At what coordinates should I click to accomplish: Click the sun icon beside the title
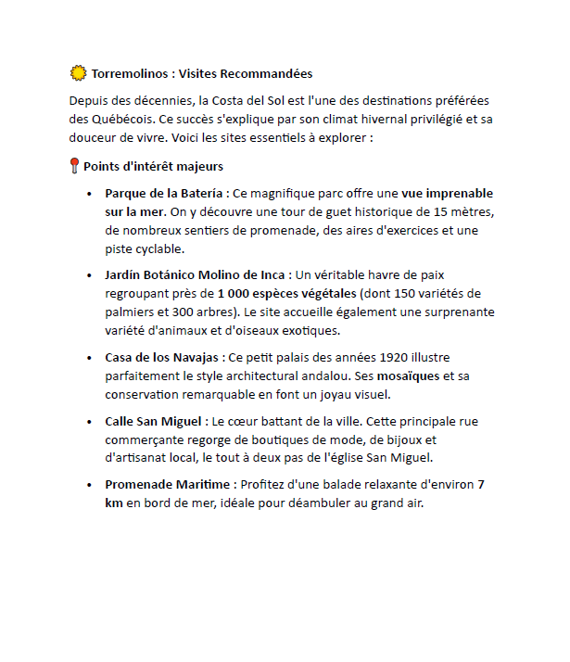78,73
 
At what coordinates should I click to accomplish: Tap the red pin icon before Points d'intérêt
75,167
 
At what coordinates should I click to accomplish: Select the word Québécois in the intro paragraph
109,120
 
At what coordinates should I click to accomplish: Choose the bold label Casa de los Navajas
162,357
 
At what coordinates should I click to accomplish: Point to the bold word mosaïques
411,376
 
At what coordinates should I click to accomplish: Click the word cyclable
158,248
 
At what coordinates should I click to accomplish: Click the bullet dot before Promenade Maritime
89,485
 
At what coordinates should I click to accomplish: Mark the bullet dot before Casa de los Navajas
89,357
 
